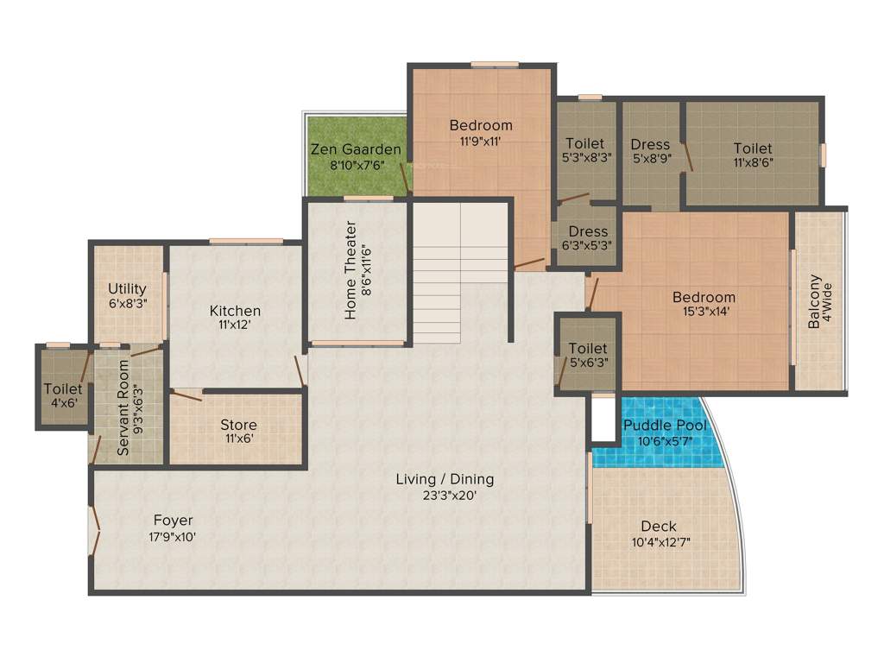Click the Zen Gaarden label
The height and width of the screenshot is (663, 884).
click(356, 149)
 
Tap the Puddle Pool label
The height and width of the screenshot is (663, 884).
click(665, 425)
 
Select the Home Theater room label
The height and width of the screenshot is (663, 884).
click(350, 270)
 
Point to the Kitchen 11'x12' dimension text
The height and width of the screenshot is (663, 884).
click(235, 326)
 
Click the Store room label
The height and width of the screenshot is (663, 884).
click(238, 425)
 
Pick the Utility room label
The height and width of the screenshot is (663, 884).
click(127, 288)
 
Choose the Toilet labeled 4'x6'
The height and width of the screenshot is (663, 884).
click(63, 389)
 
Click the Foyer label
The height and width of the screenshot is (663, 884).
click(173, 521)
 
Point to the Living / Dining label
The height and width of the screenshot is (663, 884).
click(445, 479)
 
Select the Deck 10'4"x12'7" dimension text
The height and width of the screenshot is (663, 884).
click(660, 542)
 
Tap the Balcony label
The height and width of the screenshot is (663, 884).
click(814, 302)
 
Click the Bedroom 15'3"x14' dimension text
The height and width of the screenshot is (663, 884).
click(704, 313)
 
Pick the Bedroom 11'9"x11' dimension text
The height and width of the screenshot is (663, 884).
click(481, 141)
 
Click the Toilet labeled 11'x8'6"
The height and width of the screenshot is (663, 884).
click(753, 148)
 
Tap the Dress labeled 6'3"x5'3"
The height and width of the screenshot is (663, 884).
click(588, 231)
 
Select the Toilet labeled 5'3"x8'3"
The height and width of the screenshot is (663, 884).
click(584, 143)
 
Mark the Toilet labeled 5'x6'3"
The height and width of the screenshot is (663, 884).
click(588, 349)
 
